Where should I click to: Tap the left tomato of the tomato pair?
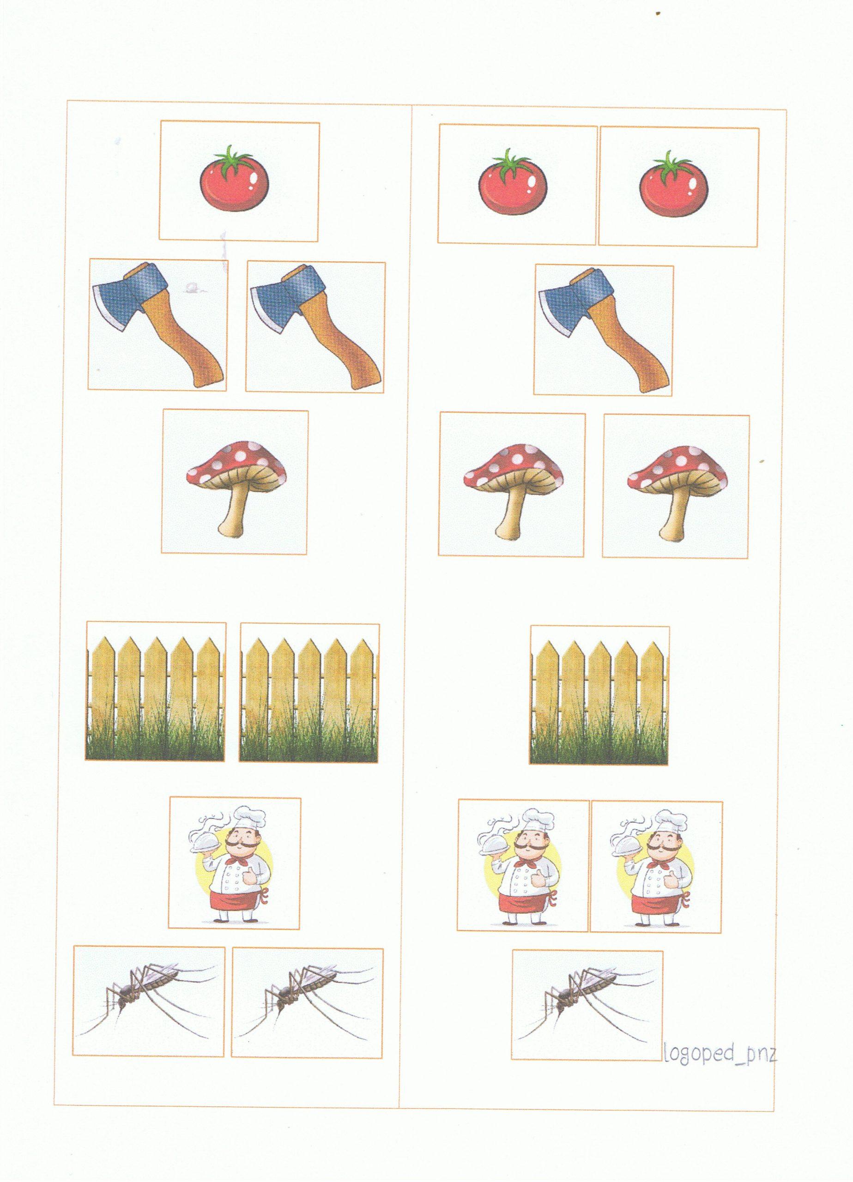(x=514, y=181)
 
